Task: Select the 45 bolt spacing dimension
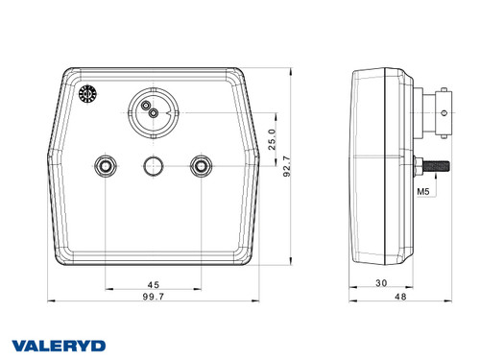pos(153,283)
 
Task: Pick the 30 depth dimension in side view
pos(380,283)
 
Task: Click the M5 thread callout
pos(422,192)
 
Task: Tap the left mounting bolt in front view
pos(104,167)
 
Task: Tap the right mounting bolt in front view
pos(201,167)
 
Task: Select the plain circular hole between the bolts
pos(152,167)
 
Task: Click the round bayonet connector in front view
pos(152,112)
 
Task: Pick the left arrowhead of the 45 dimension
pos(107,289)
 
